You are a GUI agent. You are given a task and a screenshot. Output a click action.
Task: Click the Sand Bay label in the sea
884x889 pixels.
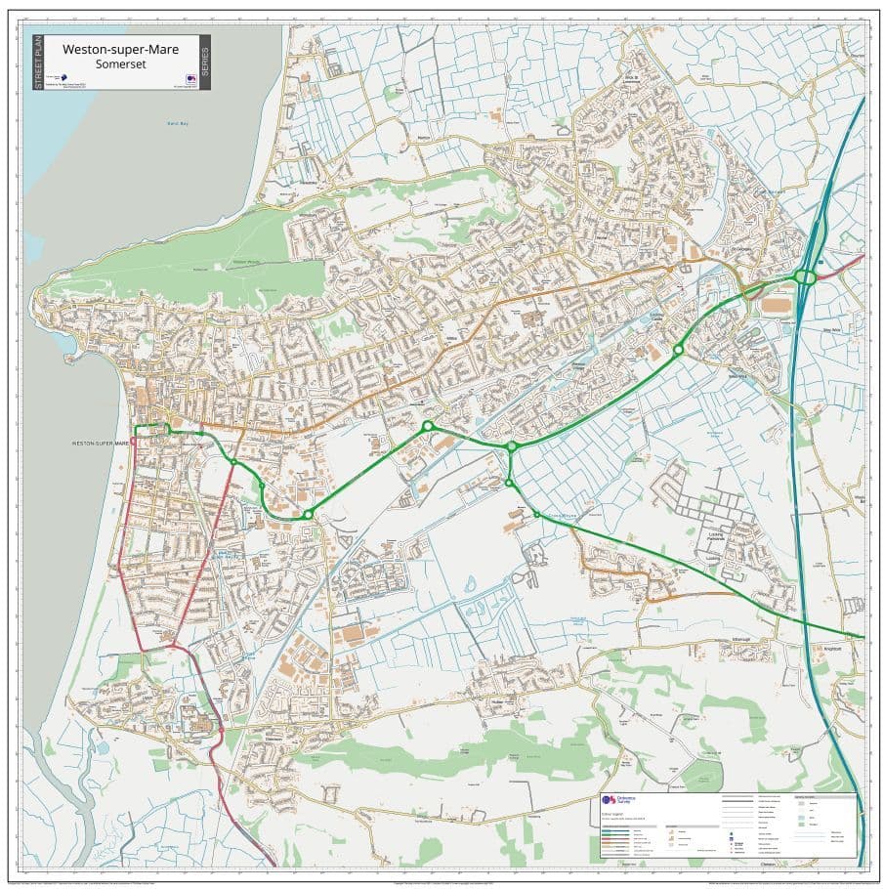[x=175, y=126]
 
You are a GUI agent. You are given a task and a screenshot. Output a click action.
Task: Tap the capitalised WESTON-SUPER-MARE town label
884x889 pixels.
[x=101, y=444]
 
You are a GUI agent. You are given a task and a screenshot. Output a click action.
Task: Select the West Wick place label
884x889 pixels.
[x=738, y=372]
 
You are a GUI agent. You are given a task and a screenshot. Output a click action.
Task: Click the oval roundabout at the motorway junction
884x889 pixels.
[x=805, y=277]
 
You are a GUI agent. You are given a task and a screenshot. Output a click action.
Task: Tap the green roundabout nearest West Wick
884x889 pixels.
[x=678, y=349]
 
